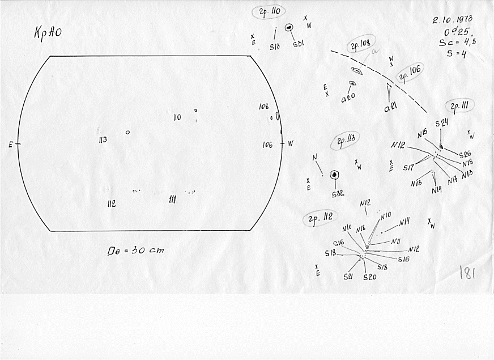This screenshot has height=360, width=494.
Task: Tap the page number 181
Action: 467,273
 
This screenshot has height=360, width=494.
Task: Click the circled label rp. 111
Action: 460,106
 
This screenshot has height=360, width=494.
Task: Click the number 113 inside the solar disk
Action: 103,139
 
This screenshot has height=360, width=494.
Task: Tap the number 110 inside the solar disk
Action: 177,117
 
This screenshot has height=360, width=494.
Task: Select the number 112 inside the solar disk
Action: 111,203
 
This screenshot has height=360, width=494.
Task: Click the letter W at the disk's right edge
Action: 291,143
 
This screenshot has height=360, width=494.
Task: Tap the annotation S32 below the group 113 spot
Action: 338,194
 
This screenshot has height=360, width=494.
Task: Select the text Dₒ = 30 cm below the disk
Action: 137,249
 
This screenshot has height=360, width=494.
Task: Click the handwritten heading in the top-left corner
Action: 48,33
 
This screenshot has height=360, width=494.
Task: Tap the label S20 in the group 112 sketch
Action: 369,277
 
